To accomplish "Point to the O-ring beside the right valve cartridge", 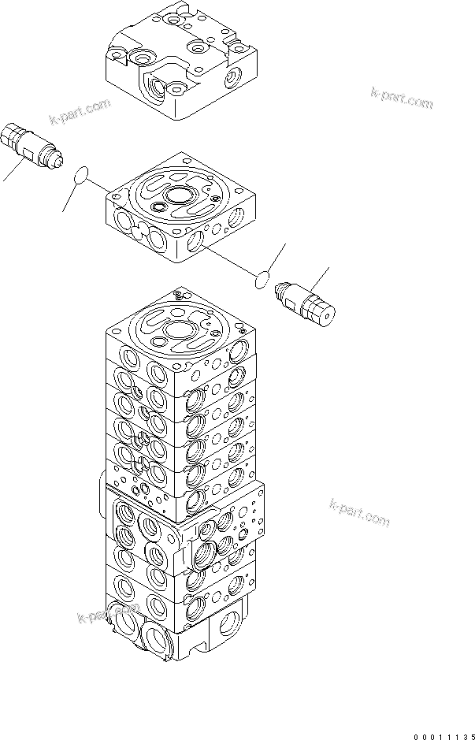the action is [x=264, y=278].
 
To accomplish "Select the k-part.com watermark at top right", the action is [x=402, y=99].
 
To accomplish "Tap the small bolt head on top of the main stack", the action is [x=178, y=295].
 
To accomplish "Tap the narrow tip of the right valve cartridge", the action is [x=277, y=291].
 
